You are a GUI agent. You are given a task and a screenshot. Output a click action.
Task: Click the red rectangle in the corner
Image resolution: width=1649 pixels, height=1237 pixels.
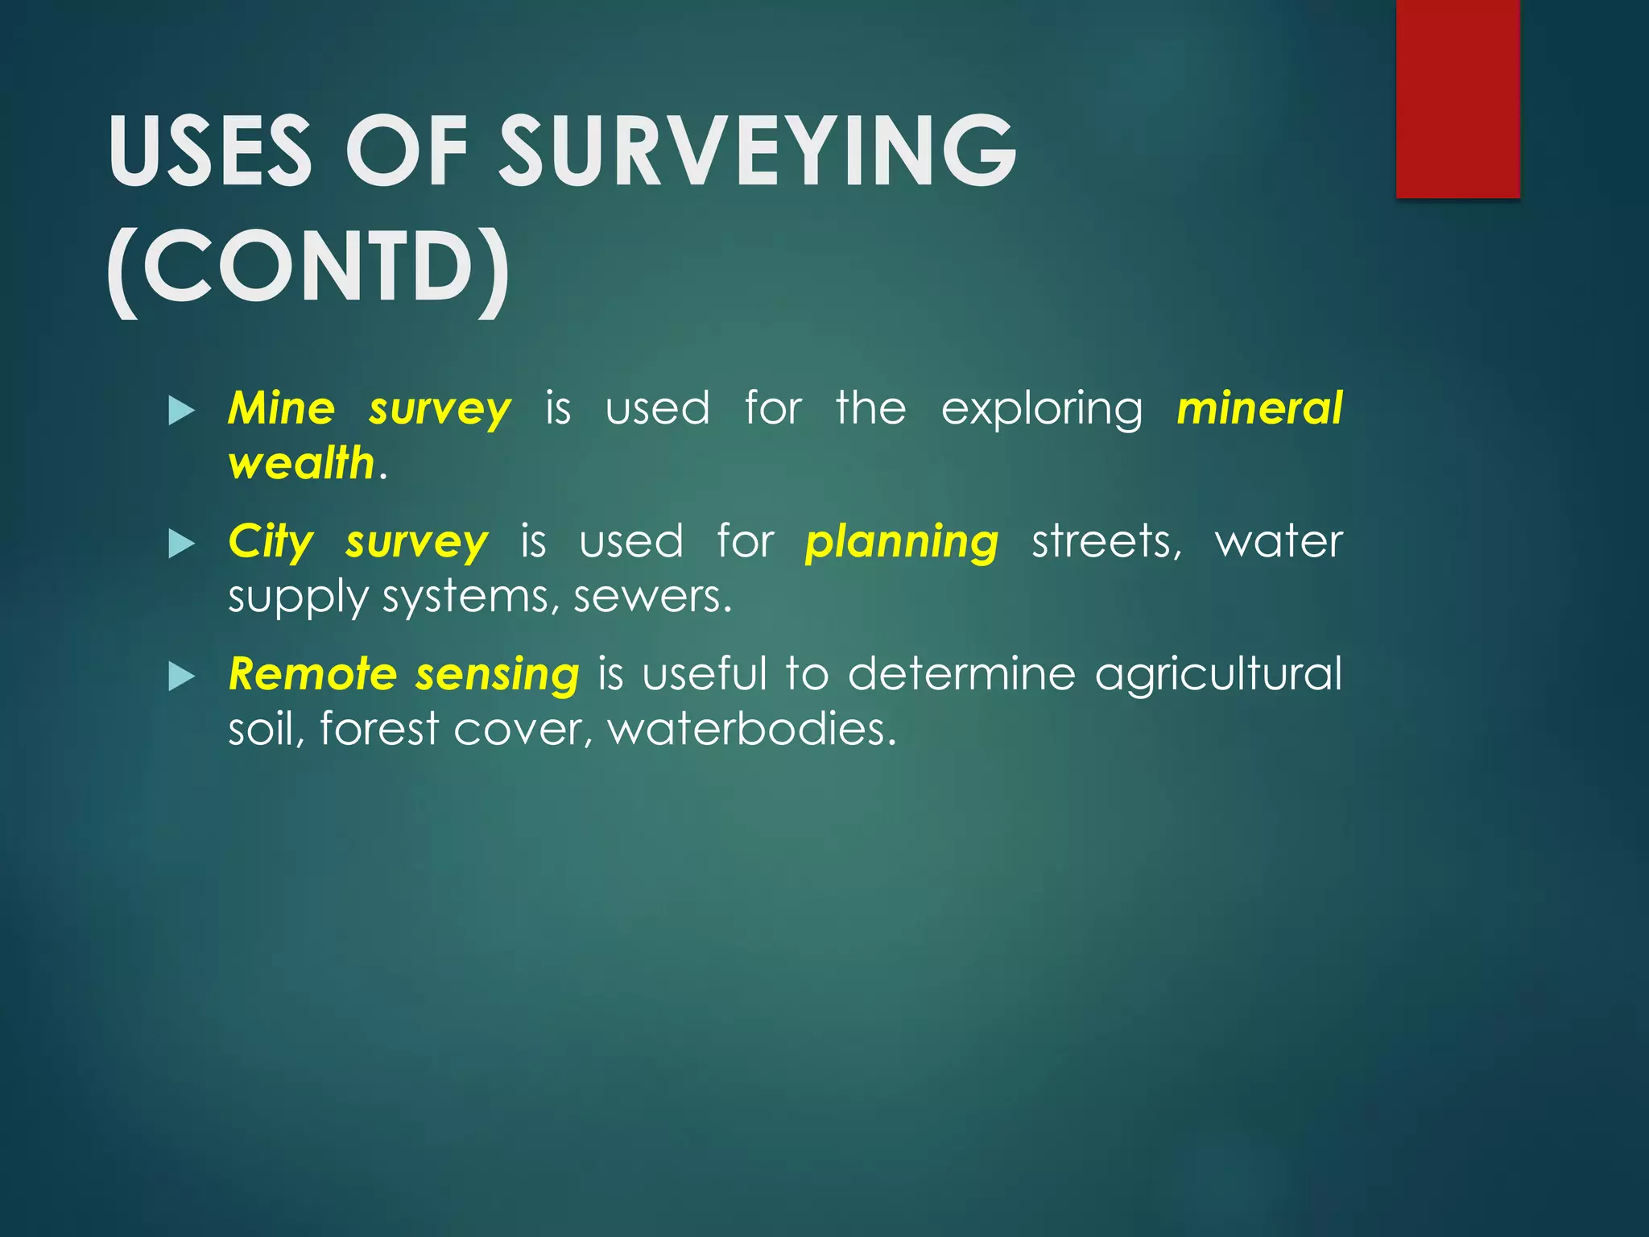pos(1457,98)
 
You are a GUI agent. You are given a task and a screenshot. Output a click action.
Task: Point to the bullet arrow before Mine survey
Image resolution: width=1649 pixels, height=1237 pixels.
pos(182,412)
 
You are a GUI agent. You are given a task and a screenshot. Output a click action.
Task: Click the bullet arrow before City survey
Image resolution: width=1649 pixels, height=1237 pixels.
pos(182,544)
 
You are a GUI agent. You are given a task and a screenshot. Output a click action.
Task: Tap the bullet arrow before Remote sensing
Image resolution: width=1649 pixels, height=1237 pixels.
pos(182,677)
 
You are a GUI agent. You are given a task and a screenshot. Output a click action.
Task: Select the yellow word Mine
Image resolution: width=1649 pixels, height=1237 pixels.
pos(281,408)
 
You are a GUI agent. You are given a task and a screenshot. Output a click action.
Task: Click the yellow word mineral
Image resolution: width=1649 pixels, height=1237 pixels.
pos(1259,408)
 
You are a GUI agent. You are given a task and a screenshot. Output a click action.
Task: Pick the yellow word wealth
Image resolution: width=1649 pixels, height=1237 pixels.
pos(301,463)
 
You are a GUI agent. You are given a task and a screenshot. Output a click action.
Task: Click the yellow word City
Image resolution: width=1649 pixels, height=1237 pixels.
pos(271,542)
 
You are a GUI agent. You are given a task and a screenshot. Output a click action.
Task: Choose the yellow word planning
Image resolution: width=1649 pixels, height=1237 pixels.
pos(902,542)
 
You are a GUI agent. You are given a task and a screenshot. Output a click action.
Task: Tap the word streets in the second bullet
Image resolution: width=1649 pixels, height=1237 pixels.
pos(1106,541)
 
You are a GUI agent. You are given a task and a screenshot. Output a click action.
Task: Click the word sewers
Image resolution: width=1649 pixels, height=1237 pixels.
pos(652,597)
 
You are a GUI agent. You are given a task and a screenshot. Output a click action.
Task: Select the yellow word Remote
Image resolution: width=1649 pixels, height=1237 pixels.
pos(312,673)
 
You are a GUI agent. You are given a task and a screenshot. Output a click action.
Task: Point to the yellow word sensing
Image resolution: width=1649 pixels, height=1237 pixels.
pos(497,675)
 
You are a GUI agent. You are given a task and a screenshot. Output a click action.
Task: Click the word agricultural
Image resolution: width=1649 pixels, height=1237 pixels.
pos(1218,675)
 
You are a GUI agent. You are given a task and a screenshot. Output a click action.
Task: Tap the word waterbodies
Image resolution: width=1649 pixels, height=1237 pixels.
pos(751,729)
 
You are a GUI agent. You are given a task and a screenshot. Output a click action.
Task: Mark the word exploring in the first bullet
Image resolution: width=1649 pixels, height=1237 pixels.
pos(1042,409)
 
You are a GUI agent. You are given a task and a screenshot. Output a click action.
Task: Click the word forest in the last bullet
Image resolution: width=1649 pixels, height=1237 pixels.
pos(379,729)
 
